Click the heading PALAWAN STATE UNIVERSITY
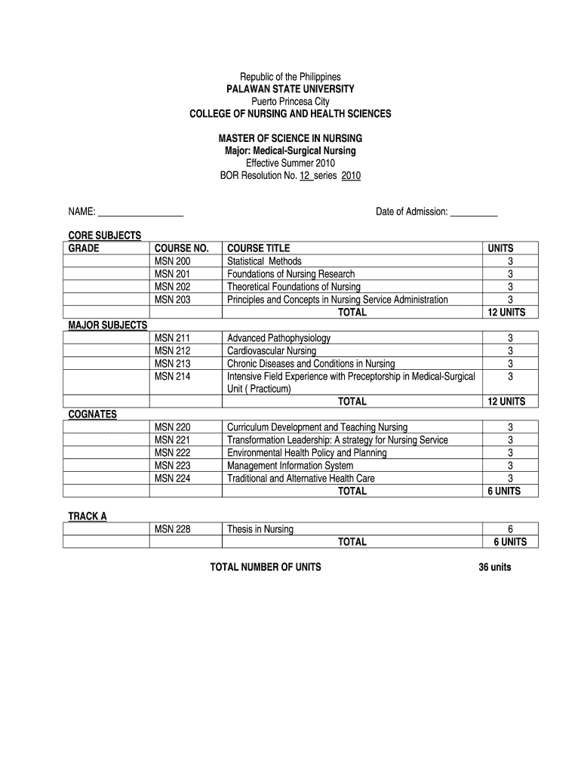(290, 89)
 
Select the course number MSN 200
(173, 261)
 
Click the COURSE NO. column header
(181, 248)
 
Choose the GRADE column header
(84, 248)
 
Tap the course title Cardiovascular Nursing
(272, 351)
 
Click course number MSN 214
(173, 377)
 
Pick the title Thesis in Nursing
(260, 529)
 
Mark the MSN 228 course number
(173, 529)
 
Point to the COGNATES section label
(93, 414)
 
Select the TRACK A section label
(88, 516)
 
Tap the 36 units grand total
(495, 568)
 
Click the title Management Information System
(290, 466)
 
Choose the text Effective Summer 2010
(290, 163)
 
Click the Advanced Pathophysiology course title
(278, 338)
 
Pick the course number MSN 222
(173, 453)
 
